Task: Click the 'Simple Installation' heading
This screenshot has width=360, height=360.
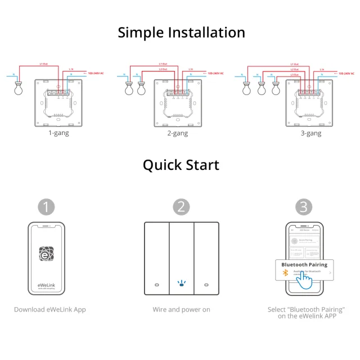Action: (181, 32)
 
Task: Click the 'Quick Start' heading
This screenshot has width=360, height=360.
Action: (181, 165)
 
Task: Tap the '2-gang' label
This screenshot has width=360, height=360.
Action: (177, 133)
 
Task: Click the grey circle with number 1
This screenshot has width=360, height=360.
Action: (47, 206)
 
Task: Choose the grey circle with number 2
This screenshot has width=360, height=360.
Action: (181, 206)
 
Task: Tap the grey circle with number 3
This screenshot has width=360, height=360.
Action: (304, 206)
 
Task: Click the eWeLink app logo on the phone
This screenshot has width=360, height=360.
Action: (47, 254)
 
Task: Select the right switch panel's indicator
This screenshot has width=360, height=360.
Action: (205, 284)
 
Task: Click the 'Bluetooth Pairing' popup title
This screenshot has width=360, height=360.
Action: (304, 264)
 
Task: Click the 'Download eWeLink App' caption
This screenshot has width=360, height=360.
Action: (50, 309)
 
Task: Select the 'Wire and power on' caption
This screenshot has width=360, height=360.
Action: (181, 309)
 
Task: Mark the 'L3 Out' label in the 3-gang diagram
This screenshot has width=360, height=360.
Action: (295, 74)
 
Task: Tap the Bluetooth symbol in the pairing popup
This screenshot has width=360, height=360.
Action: (285, 273)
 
